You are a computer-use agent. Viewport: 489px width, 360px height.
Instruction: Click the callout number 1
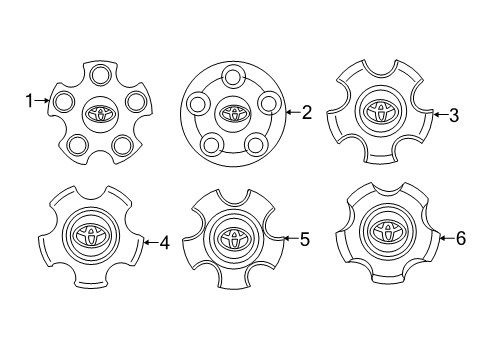30,100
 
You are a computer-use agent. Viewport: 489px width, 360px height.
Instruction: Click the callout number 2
306,113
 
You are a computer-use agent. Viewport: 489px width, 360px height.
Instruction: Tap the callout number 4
164,241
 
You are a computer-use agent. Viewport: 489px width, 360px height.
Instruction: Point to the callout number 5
305,239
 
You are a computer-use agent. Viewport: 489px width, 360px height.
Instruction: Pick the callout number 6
460,239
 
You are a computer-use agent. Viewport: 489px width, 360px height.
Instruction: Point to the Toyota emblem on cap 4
90,236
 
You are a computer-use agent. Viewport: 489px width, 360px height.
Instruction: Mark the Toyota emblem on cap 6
384,233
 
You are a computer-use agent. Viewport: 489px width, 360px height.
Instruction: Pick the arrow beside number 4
149,241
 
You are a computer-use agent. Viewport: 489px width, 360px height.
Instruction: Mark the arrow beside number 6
445,239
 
